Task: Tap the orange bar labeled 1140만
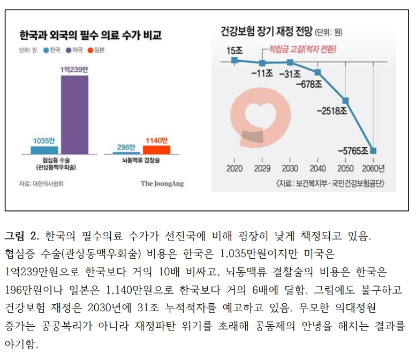pos(156,150)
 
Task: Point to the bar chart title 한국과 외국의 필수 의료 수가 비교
pos(89,36)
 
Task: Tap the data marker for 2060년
pos(373,151)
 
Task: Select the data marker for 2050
pos(346,101)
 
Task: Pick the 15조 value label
pos(235,50)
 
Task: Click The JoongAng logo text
pos(162,183)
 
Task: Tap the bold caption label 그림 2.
pos(22,236)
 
